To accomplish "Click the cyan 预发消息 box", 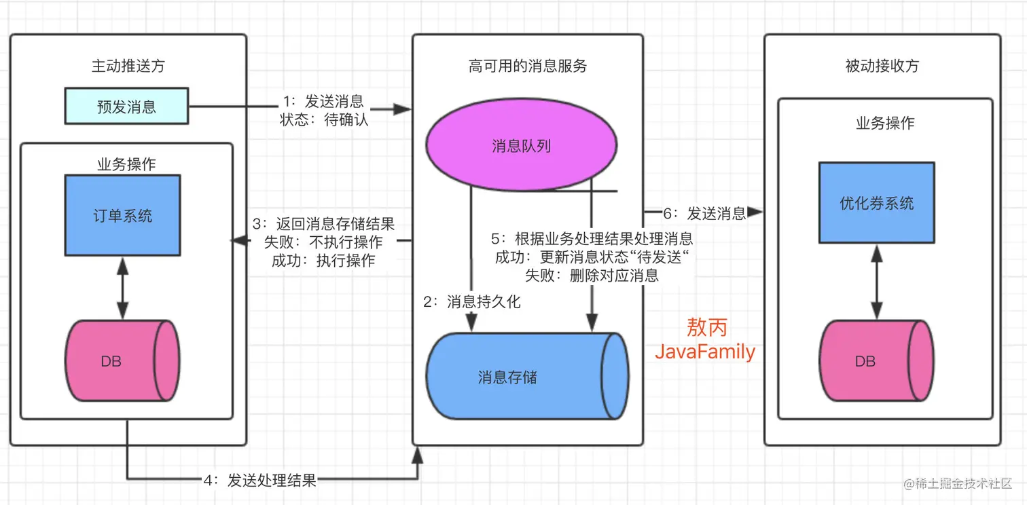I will tap(126, 107).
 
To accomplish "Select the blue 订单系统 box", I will tap(123, 215).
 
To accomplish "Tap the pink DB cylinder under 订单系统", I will tap(122, 362).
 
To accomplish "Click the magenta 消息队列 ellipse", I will tap(521, 146).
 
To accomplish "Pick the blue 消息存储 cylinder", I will tap(526, 377).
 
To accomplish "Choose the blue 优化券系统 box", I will tap(876, 203).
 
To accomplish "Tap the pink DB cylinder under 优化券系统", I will tap(876, 362).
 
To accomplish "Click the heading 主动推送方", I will tap(128, 66).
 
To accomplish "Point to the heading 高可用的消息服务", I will tap(528, 66).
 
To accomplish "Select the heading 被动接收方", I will tap(882, 66).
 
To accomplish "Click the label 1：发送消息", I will tap(323, 102).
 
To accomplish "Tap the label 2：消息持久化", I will tap(472, 302).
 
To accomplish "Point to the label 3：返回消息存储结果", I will tap(323, 224).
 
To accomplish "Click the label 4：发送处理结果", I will tap(260, 481).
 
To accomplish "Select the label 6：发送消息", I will tap(704, 214).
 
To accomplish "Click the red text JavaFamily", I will tap(704, 352).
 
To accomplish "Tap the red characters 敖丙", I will tap(706, 328).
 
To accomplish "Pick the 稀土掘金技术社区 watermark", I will tap(958, 484).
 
